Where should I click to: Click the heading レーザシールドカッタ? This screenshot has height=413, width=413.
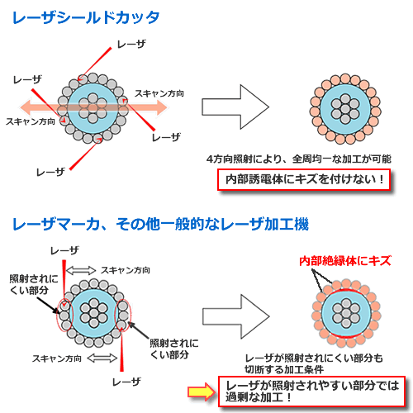[86, 17]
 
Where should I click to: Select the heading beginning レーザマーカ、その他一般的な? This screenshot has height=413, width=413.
[160, 224]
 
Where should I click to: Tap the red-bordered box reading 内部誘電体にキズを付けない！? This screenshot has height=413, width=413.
[304, 180]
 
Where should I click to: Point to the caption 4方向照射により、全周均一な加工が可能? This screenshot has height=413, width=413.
[299, 159]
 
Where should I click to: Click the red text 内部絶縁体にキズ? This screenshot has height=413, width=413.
[345, 261]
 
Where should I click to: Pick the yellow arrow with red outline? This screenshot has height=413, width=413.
[202, 392]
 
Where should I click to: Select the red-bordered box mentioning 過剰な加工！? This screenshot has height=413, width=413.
[311, 392]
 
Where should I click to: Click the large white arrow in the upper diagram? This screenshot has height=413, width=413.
[235, 107]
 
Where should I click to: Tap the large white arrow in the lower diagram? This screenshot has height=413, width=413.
[236, 316]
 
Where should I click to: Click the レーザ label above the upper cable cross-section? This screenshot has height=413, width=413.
[131, 44]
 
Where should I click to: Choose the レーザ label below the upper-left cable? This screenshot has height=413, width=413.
[50, 172]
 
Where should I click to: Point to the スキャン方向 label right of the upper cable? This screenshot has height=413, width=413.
[159, 93]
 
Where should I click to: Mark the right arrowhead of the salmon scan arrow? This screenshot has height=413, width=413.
[163, 107]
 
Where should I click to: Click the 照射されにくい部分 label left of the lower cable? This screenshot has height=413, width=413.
[34, 284]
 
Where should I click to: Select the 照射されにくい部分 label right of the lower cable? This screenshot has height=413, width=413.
[174, 349]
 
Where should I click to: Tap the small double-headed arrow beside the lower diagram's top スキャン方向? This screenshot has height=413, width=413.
[81, 270]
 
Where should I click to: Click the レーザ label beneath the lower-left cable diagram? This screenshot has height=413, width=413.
[126, 382]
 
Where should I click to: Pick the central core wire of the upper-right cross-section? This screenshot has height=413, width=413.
[345, 109]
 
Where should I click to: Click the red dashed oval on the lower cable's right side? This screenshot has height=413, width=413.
[123, 315]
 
